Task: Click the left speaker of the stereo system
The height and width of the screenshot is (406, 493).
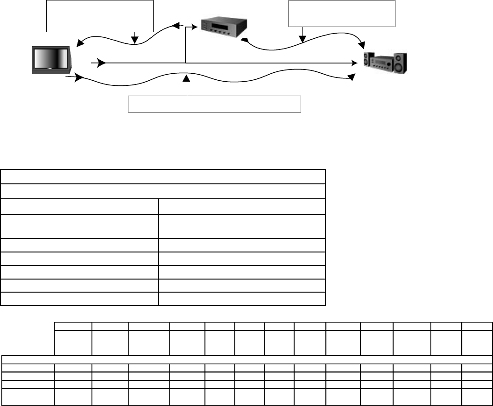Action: (x=369, y=62)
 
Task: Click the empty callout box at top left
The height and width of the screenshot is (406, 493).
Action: (x=100, y=16)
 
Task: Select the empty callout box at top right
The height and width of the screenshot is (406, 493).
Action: (x=342, y=14)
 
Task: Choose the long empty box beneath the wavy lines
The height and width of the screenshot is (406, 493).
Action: (x=214, y=104)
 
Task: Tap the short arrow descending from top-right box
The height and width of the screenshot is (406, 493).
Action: (x=303, y=35)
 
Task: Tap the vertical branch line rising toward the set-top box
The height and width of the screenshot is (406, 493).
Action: (x=186, y=47)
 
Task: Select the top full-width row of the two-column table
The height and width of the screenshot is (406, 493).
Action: (x=163, y=177)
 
